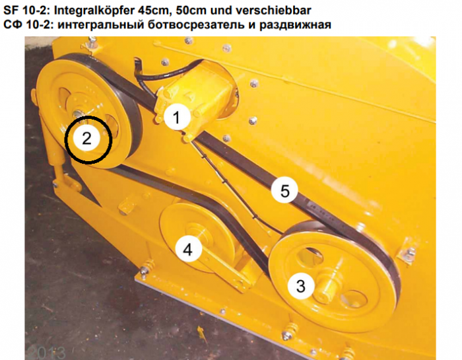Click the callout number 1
[177, 117]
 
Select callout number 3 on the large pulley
[300, 286]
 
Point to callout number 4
[188, 249]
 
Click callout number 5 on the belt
[284, 190]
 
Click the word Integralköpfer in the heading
[94, 11]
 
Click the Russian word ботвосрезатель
[196, 24]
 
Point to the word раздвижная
[295, 24]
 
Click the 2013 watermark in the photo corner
[46, 353]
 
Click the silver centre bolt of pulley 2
[79, 114]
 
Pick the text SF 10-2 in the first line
[25, 11]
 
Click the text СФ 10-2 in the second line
[27, 24]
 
